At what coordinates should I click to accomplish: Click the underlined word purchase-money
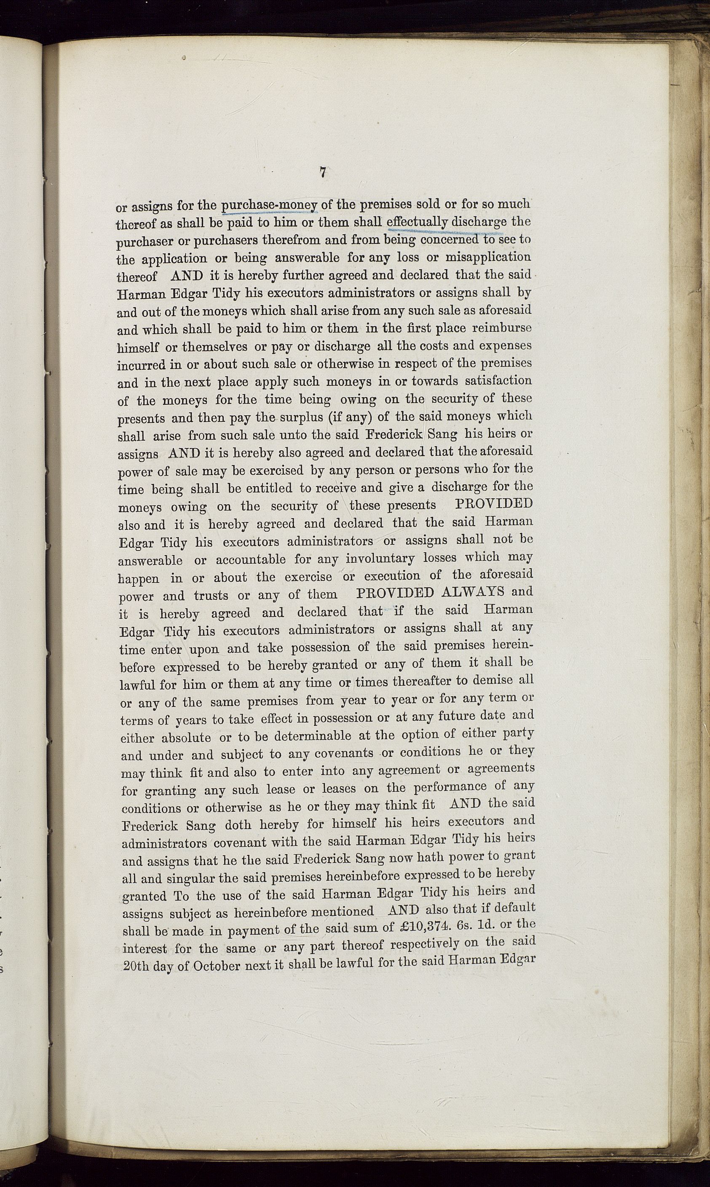pyautogui.click(x=270, y=205)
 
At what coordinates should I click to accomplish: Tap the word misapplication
pyautogui.click(x=488, y=257)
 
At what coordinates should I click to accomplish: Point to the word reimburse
pyautogui.click(x=502, y=328)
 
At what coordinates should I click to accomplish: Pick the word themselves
pyautogui.click(x=215, y=347)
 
